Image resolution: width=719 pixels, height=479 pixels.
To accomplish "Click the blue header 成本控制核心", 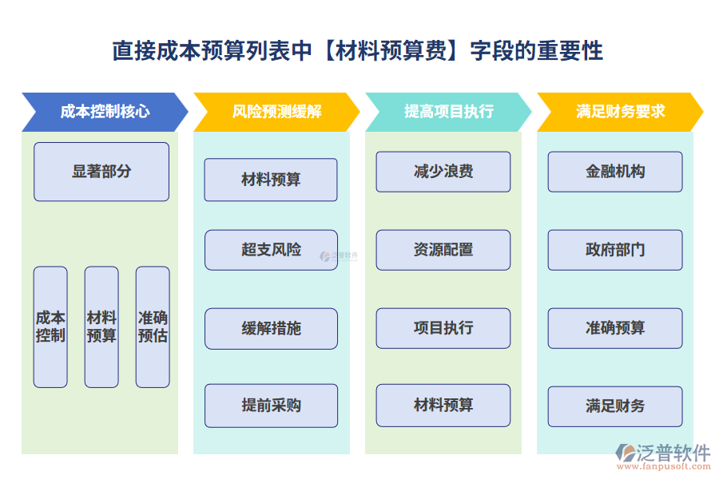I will pos(104,112).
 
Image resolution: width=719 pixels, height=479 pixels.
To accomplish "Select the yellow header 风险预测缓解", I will pos(276,112).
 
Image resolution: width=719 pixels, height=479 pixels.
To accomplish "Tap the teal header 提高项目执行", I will pos(448,112).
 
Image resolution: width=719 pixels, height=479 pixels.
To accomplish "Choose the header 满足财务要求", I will pos(620,112).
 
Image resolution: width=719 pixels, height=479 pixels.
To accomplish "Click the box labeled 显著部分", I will pos(101,172).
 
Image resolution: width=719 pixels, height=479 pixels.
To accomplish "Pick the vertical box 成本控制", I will pos(50,327).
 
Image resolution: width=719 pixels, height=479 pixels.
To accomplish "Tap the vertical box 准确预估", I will pos(153,327).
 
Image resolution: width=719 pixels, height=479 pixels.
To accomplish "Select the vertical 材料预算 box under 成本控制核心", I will pos(101,327).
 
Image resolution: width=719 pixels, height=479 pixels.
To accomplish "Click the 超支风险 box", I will pos(271,250).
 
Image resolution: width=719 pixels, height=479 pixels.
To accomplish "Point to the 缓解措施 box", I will pos(271,328).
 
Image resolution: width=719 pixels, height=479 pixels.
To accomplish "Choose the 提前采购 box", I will pos(271,406).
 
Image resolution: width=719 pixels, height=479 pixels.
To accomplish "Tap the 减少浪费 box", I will pos(443,172).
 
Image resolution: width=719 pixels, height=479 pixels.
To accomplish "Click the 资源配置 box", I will pos(443,250).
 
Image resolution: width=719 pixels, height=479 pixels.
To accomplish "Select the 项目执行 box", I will pos(443,328).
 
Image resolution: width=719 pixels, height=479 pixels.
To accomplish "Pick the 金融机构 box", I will pos(615,172).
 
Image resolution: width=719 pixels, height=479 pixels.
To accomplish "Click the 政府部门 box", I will pos(615,250).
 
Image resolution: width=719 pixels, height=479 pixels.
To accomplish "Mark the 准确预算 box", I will pos(615,328).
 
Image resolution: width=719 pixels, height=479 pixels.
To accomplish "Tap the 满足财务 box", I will pos(615,406).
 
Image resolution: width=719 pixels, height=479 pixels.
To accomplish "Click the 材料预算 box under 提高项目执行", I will pos(443,406).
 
